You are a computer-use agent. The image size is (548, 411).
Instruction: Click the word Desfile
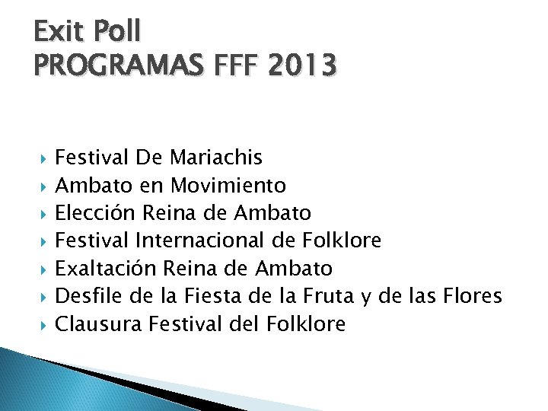84,296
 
